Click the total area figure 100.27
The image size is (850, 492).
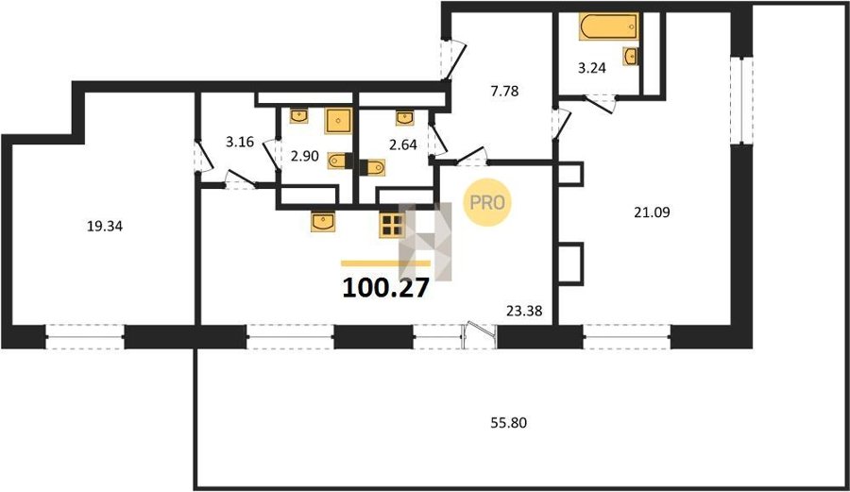click(x=385, y=288)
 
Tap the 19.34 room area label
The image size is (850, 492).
click(x=105, y=226)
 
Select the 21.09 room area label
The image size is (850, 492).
click(x=652, y=212)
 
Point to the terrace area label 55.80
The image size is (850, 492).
click(x=508, y=423)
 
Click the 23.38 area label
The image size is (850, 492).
click(x=524, y=311)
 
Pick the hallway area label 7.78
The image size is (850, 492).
click(x=504, y=91)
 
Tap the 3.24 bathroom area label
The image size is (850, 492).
click(x=591, y=68)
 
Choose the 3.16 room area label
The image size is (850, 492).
click(x=240, y=142)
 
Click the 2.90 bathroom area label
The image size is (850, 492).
click(x=305, y=157)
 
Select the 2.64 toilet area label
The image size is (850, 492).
click(x=402, y=144)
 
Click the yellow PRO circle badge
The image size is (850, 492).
click(x=486, y=202)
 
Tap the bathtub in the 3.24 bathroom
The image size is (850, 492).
click(x=608, y=26)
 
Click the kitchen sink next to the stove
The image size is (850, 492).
click(x=323, y=222)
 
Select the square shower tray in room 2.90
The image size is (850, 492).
click(x=338, y=121)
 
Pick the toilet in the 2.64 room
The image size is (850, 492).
click(x=372, y=167)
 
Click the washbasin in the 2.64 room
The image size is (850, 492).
click(x=404, y=118)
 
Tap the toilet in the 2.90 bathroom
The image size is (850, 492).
click(x=340, y=161)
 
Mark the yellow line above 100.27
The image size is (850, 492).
click(x=385, y=263)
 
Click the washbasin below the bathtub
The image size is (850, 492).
click(x=631, y=57)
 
